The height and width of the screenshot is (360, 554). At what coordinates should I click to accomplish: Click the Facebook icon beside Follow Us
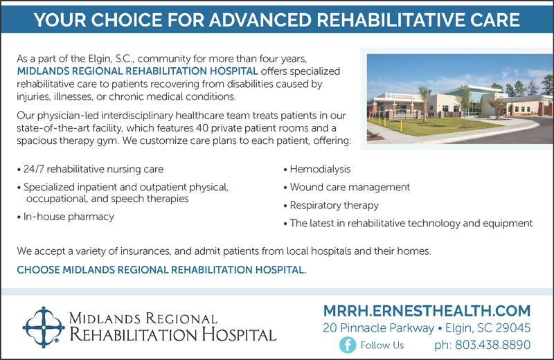[348, 345]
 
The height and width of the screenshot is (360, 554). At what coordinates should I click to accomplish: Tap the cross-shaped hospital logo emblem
[44, 327]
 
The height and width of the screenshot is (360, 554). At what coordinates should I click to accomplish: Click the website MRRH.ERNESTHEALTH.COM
[427, 311]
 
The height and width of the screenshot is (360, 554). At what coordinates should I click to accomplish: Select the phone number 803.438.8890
[492, 345]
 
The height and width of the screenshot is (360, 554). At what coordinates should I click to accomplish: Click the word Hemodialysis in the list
[320, 169]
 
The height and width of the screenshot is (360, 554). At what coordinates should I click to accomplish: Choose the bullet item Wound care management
[350, 187]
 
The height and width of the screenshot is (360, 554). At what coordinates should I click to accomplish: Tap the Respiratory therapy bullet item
[334, 205]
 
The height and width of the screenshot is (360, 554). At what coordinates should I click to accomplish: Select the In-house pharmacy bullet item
[69, 217]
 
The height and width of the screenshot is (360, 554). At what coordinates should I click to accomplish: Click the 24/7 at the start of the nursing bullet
[34, 169]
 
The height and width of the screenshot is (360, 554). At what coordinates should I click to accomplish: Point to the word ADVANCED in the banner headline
[260, 20]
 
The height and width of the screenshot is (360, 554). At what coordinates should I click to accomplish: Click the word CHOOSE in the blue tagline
[38, 270]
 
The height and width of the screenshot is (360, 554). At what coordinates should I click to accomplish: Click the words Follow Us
[382, 345]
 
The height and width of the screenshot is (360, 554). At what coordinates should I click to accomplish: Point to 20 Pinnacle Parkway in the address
[378, 328]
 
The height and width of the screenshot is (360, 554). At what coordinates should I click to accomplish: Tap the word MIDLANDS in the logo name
[105, 318]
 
